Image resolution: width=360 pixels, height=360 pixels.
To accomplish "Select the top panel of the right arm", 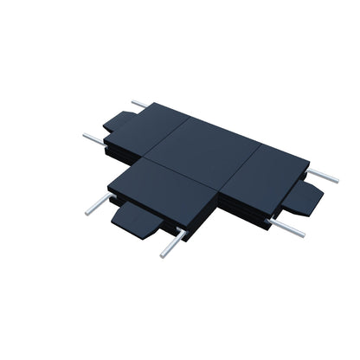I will tap(263, 174).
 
